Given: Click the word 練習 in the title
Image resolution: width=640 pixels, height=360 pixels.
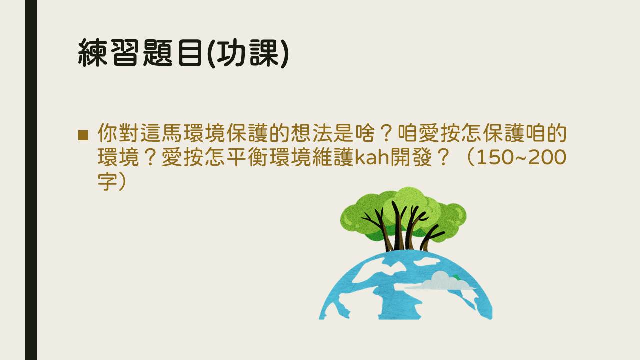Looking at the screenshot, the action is pyautogui.click(x=109, y=53).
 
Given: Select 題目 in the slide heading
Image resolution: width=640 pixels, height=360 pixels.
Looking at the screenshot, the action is pyautogui.click(x=173, y=53).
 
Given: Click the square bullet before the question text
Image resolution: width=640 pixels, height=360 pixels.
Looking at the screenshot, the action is pyautogui.click(x=83, y=135).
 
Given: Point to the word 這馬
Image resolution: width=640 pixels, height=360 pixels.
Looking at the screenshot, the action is pyautogui.click(x=161, y=133).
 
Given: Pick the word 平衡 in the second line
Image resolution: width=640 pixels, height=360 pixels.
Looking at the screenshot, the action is pyautogui.click(x=247, y=157).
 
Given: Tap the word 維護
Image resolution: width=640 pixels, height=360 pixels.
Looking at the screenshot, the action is pyautogui.click(x=333, y=157).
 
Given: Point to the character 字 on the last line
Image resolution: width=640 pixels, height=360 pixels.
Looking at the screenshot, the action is pyautogui.click(x=107, y=181).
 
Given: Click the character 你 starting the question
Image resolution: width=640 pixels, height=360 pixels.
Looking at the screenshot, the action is pyautogui.click(x=107, y=133).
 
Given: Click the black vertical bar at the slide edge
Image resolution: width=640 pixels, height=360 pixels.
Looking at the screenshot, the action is pyautogui.click(x=31, y=180).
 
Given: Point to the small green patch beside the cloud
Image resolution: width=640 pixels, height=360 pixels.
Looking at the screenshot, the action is pyautogui.click(x=456, y=277).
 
